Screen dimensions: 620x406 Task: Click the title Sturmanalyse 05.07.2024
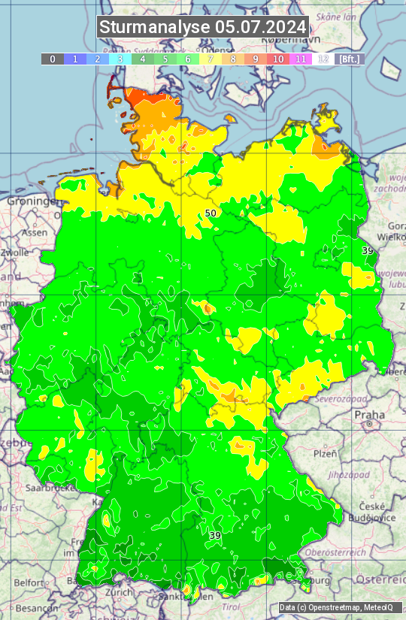coord(203,26)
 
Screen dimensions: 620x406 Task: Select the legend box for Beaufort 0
coord(53,59)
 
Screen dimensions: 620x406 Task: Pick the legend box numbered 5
coord(165,59)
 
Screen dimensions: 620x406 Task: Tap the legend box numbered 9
coord(256,59)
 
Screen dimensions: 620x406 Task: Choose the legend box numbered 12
coord(323,59)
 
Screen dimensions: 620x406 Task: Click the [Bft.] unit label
coord(349,59)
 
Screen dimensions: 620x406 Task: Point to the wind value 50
coord(211,213)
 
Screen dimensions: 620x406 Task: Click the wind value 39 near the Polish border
coord(368,250)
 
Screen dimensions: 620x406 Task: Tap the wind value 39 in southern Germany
coord(215,535)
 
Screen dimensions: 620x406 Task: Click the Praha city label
coord(370,415)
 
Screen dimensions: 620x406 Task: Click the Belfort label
coord(29,582)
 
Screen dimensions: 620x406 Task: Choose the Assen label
coord(34,233)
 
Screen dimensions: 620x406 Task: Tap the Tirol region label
coord(232,606)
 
